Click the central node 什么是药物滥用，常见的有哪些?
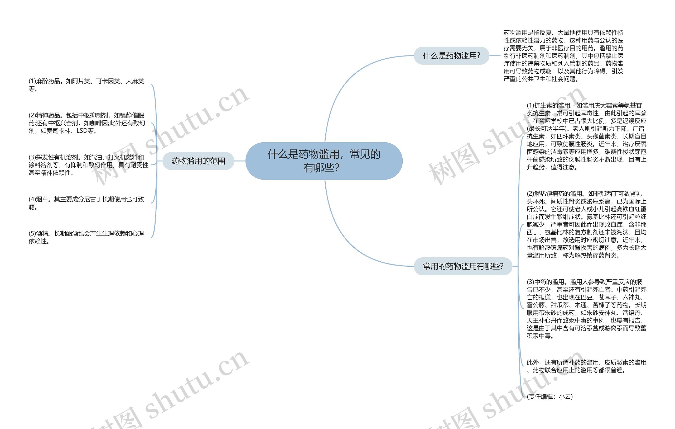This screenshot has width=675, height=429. tap(324, 161)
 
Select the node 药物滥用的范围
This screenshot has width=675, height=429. tap(198, 161)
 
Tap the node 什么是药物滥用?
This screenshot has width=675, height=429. tap(451, 55)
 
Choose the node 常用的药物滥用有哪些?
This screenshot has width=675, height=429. tap(463, 266)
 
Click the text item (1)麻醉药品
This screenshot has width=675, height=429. tap(86, 85)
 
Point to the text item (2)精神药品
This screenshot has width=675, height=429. tap(87, 123)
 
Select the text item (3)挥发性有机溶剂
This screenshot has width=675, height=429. tap(88, 165)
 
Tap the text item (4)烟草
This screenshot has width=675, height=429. tap(86, 203)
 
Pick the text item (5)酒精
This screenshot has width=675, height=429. tap(86, 237)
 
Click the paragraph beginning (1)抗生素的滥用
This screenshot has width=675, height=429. tap(586, 136)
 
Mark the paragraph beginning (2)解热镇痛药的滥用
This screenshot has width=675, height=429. tap(586, 224)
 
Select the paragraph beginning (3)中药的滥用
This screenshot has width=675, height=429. tap(586, 309)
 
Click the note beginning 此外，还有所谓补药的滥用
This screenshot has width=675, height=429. tap(586, 366)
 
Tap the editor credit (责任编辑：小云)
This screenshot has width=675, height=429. tap(549, 397)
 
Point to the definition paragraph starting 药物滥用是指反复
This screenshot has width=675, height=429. tap(563, 55)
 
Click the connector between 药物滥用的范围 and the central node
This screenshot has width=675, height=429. tap(240, 161)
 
